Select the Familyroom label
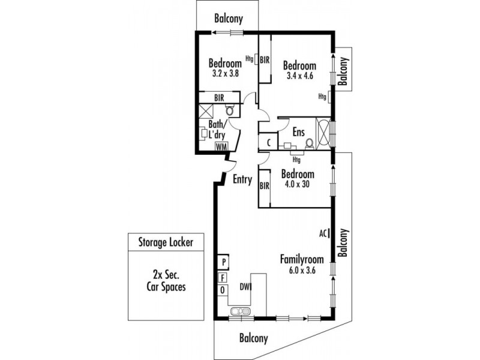(302, 260)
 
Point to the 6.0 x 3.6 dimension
(302, 271)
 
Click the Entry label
(242, 179)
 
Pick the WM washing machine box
(221, 146)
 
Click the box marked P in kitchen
(223, 262)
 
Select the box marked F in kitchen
(223, 277)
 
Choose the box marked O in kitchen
(223, 290)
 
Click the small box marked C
(268, 143)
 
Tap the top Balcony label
(229, 19)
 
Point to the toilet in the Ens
(309, 143)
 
